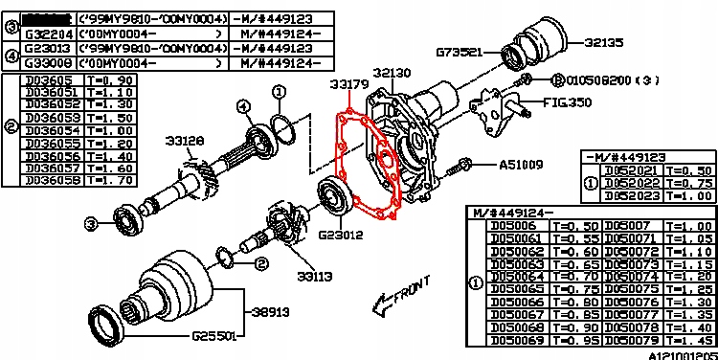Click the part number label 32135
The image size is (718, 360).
606,42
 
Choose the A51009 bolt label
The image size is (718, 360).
522,164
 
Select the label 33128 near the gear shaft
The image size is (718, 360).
183,141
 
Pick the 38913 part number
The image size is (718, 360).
271,312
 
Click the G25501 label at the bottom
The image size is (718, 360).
217,336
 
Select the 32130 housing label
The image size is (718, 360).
393,73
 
